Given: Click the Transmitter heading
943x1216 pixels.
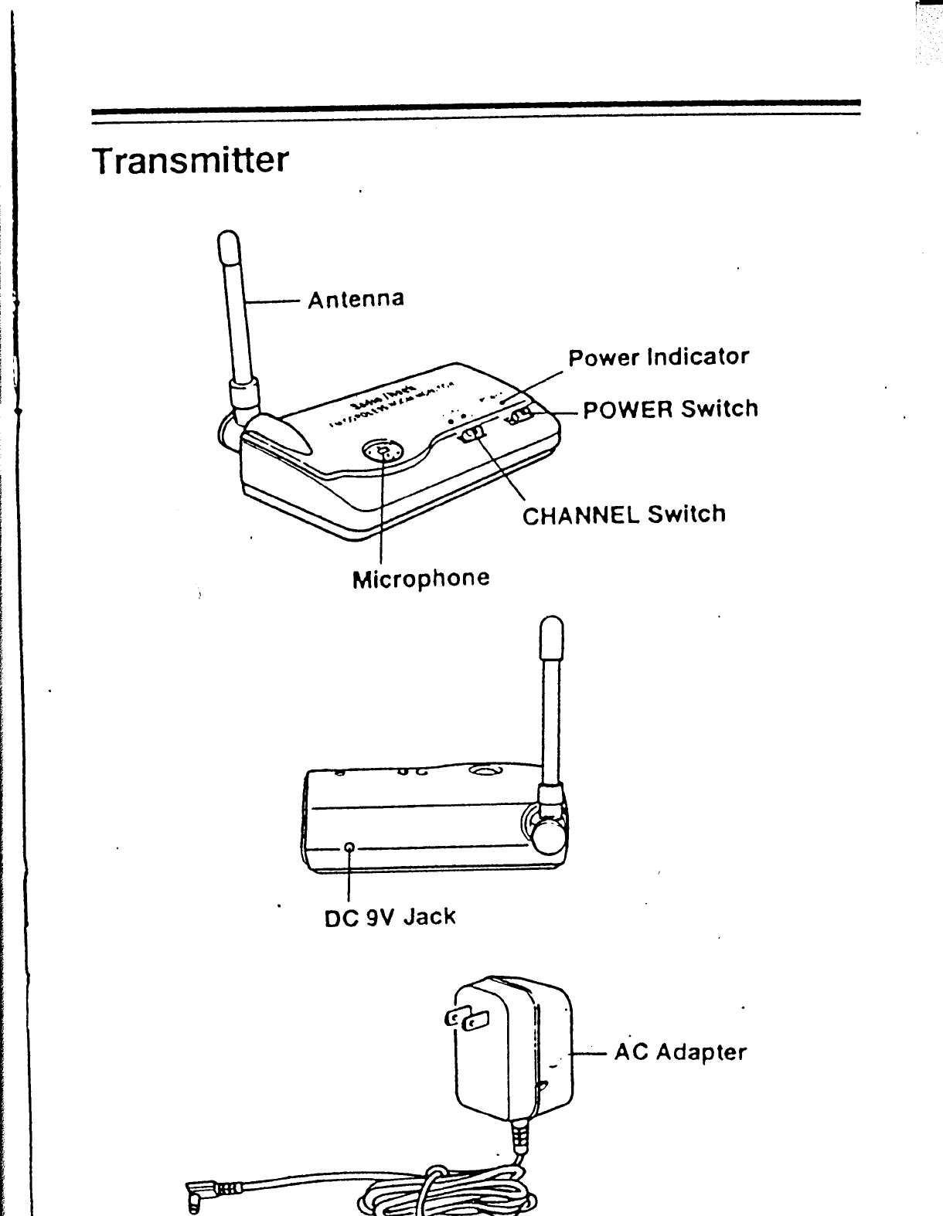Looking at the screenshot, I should [190, 160].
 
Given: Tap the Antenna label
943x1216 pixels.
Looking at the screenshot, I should [356, 298].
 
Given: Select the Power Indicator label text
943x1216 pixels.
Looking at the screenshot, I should [659, 357].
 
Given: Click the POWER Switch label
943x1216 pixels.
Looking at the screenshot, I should [670, 409].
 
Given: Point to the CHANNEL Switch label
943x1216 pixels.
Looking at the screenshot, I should [624, 515].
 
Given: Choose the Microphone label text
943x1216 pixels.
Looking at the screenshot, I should [420, 578].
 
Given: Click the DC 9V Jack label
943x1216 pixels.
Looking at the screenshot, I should [390, 917].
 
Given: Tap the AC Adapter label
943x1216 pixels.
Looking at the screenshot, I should [680, 1051].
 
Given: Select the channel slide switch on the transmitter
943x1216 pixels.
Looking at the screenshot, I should [471, 436].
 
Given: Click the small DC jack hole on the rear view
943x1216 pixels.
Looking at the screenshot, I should [350, 847].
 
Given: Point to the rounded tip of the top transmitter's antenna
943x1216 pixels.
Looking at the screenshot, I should [229, 246].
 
